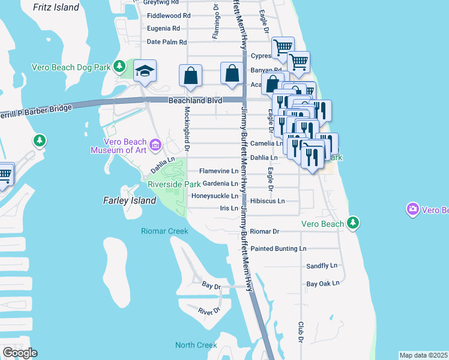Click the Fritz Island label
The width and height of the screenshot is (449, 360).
[56, 7]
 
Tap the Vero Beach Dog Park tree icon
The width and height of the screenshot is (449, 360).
[119, 65]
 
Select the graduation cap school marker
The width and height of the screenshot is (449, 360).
[145, 71]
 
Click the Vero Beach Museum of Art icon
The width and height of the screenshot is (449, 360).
[155, 144]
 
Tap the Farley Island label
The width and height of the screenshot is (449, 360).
[130, 200]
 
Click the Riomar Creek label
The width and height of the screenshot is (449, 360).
[164, 231]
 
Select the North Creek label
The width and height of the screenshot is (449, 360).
[196, 345]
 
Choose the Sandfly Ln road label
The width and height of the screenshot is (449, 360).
[322, 265]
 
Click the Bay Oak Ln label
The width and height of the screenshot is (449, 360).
[323, 283]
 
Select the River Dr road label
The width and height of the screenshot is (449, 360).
[209, 311]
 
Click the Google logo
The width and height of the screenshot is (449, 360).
[20, 352]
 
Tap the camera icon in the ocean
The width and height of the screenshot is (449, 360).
[412, 209]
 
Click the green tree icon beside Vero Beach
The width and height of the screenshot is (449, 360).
[354, 223]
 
